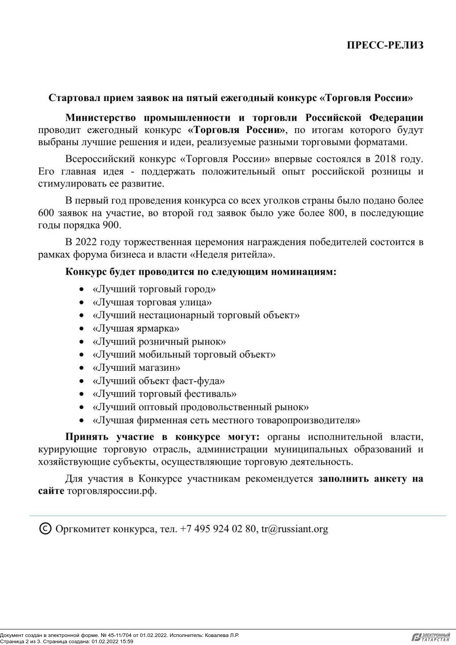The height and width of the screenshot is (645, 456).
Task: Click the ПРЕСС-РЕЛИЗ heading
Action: [x=385, y=45]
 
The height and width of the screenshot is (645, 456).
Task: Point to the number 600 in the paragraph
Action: [x=46, y=213]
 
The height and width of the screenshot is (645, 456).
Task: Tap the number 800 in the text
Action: [x=337, y=213]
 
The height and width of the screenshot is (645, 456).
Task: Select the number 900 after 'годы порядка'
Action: [x=111, y=225]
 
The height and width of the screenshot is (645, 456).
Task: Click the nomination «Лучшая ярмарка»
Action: [x=136, y=329]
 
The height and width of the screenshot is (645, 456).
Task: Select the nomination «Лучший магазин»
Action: [x=136, y=368]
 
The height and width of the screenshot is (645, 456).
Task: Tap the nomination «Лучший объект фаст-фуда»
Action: [x=159, y=381]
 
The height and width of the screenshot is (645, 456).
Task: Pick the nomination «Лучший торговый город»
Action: [x=154, y=289]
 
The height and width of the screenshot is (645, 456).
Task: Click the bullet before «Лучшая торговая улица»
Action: [x=81, y=303]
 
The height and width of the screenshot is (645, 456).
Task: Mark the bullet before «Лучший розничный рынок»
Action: [x=81, y=342]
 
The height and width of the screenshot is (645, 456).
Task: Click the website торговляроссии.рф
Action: [x=112, y=491]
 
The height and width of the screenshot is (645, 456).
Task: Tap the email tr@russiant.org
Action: [x=294, y=529]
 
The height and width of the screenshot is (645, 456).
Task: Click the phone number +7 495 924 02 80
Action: [x=218, y=529]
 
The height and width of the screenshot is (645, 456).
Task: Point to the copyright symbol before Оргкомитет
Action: [x=45, y=528]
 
